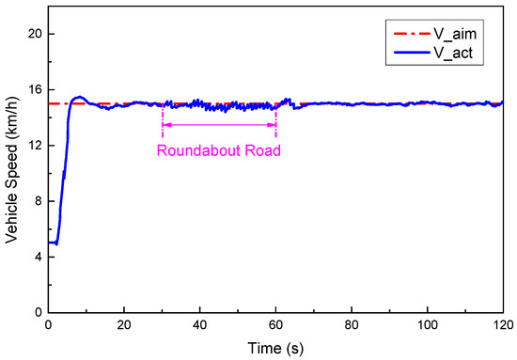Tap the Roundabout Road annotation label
pyautogui.click(x=219, y=149)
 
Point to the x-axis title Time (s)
pyautogui.click(x=275, y=347)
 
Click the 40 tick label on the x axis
pyautogui.click(x=200, y=324)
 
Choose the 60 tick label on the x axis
pyautogui.click(x=275, y=324)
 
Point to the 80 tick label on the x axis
pyautogui.click(x=352, y=324)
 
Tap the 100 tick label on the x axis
pyautogui.click(x=428, y=324)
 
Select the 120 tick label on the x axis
pyautogui.click(x=503, y=324)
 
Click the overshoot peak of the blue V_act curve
pyautogui.click(x=79, y=97)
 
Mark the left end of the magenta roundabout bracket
pyautogui.click(x=163, y=125)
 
